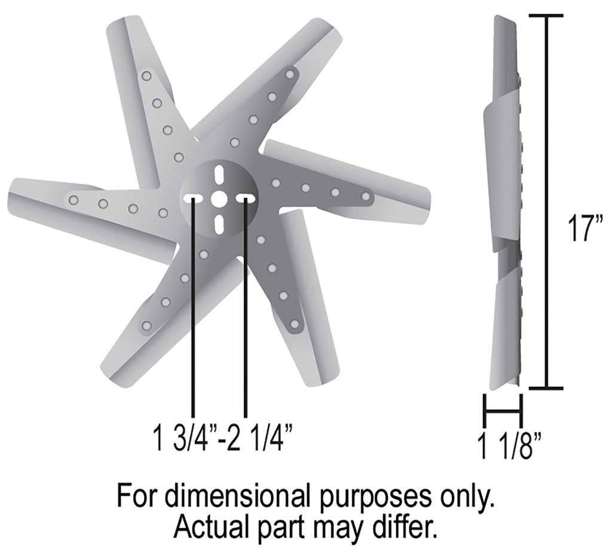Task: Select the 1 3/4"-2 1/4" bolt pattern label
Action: (x=223, y=437)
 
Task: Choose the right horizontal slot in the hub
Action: (x=246, y=198)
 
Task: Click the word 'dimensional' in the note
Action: (x=241, y=496)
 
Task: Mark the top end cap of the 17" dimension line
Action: (x=546, y=16)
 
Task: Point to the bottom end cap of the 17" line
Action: (x=546, y=388)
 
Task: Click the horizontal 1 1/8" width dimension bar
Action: (x=502, y=411)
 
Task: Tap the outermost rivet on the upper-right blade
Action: (x=290, y=74)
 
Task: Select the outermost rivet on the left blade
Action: (x=74, y=201)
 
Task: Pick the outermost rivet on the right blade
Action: (x=366, y=196)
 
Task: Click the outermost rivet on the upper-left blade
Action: (x=146, y=76)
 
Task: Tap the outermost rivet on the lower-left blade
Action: (x=147, y=325)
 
